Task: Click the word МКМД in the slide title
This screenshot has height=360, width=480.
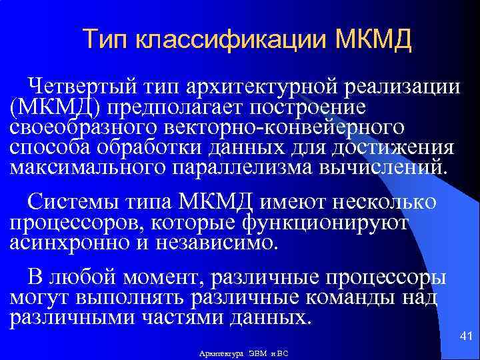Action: click(x=375, y=39)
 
